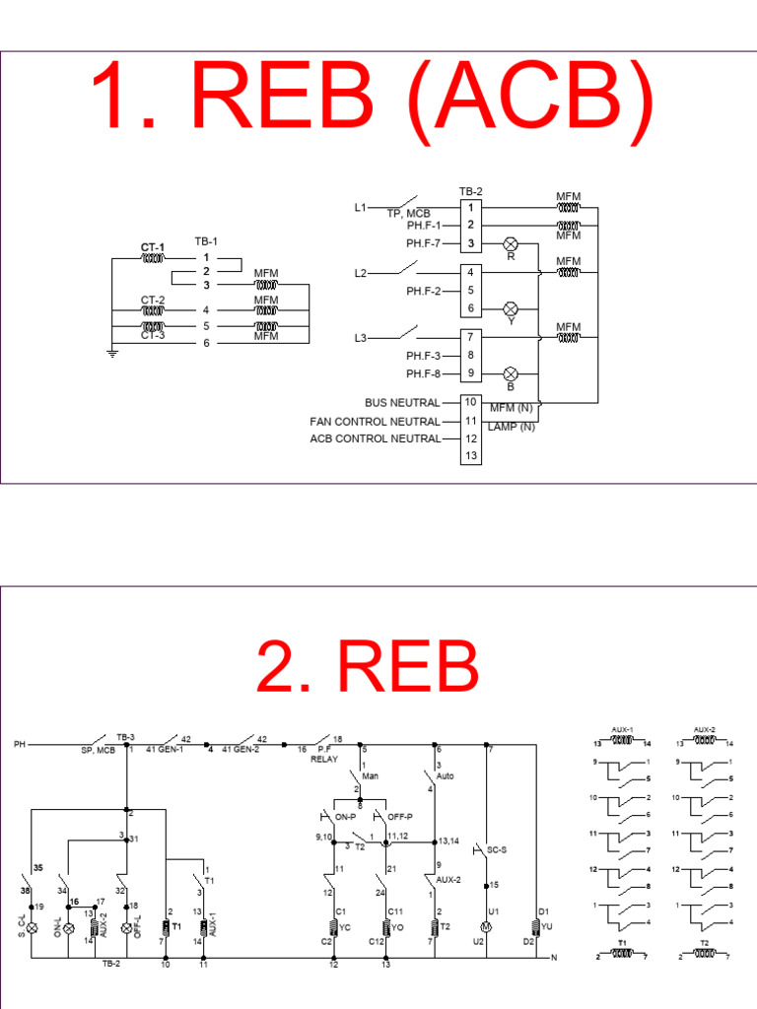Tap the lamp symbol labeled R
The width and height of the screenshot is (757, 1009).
coord(511,243)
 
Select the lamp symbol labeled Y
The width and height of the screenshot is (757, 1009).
coord(511,308)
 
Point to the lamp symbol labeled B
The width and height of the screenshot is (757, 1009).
coord(511,373)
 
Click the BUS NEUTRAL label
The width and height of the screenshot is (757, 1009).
coord(401,403)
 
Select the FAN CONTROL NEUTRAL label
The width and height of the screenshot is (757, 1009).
coord(375,421)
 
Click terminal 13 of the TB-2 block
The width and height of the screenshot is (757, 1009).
coord(471,455)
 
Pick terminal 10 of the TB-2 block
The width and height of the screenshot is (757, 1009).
coord(471,403)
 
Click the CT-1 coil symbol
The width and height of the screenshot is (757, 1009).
coord(153,259)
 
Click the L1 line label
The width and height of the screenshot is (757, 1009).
coord(361,208)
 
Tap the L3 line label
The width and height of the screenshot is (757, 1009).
coord(361,339)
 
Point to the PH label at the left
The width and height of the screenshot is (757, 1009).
coord(19,743)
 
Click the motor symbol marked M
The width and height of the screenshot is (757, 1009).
coord(485,927)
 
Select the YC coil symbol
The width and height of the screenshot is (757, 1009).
coord(332,927)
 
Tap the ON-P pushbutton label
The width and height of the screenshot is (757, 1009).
coord(342,817)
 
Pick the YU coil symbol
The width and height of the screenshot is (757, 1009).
coord(536,926)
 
